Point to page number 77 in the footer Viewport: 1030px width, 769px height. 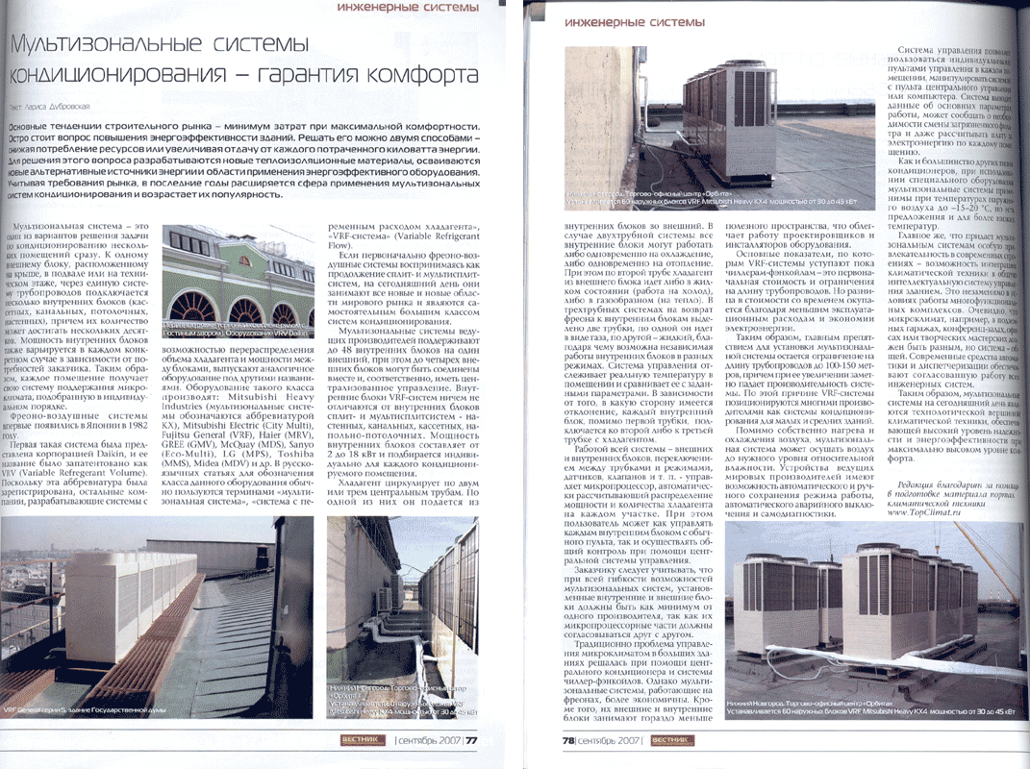point(471,740)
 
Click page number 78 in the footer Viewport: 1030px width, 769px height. point(570,740)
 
